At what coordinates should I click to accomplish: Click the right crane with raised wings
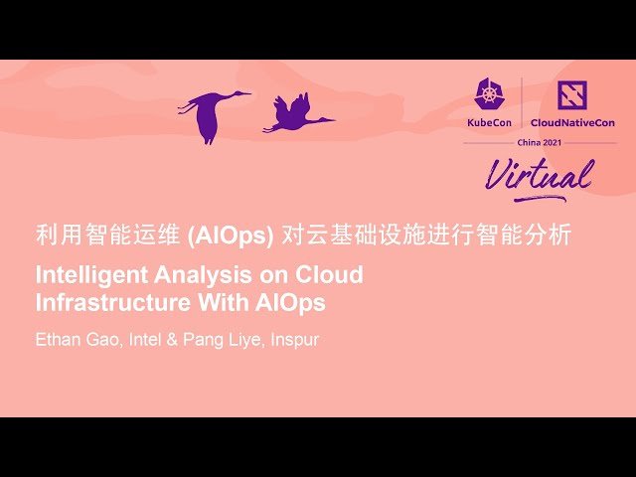click(294, 115)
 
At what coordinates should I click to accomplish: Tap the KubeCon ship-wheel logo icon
click(490, 96)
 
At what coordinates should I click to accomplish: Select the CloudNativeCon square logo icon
click(571, 96)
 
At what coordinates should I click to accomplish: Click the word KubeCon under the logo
click(490, 122)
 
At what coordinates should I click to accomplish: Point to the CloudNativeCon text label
click(572, 122)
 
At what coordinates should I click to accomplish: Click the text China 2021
click(540, 142)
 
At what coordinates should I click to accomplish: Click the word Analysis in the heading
click(188, 274)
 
